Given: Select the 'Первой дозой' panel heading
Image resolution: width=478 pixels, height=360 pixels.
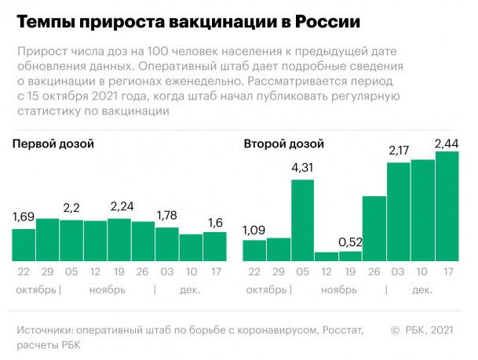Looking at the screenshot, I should click(53, 144).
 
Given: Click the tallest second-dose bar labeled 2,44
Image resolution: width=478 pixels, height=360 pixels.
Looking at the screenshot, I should click(447, 206).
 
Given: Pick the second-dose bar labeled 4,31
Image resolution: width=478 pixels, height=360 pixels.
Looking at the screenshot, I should click(302, 220).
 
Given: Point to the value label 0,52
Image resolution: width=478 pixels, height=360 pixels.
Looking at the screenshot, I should click(350, 242).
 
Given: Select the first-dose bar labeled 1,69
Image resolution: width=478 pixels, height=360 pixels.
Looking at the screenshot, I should click(24, 245).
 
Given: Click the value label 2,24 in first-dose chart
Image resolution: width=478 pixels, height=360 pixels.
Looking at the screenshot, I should click(120, 207).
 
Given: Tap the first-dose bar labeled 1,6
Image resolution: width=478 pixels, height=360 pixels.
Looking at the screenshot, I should click(214, 246).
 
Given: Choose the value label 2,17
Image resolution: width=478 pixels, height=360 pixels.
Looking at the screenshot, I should click(398, 150).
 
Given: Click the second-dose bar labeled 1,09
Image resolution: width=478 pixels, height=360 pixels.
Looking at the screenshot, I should click(254, 250).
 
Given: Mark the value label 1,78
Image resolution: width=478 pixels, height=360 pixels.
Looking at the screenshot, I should click(167, 216).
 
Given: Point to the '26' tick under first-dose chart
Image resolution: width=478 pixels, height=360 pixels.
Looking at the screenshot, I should click(143, 272).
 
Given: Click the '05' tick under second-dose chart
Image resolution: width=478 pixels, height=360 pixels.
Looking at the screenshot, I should click(302, 272).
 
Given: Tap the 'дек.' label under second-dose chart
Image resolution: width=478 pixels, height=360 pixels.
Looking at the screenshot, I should click(422, 289).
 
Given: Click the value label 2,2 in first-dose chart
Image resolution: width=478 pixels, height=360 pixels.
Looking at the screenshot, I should click(71, 208).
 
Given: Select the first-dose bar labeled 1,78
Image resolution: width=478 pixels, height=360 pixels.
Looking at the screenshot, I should click(167, 244).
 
